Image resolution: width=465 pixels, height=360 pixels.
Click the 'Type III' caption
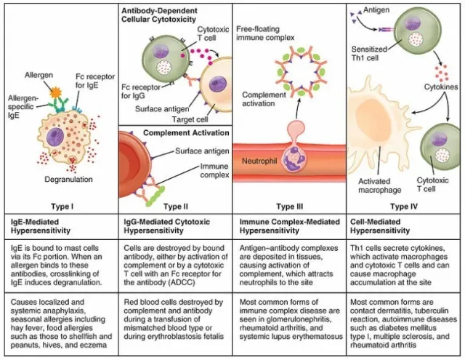288,206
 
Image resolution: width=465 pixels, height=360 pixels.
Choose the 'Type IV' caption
405,206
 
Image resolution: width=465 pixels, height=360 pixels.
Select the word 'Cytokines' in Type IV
440,85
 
